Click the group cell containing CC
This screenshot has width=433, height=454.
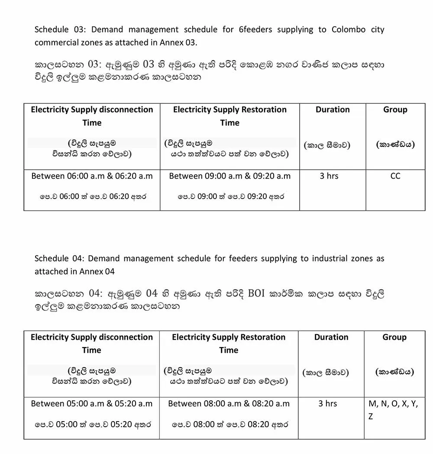click(x=395, y=176)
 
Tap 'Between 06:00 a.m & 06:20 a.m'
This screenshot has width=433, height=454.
click(x=92, y=176)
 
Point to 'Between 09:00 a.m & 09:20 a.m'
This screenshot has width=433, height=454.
click(x=229, y=176)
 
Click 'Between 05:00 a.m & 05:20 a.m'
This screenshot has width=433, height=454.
click(x=92, y=404)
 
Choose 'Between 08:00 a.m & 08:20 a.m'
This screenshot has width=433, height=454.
click(x=229, y=404)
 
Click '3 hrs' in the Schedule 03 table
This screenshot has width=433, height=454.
click(x=329, y=176)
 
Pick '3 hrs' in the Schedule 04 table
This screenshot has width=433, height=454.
click(x=327, y=404)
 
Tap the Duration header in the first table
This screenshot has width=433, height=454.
click(x=333, y=110)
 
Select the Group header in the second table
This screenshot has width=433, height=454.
click(x=394, y=338)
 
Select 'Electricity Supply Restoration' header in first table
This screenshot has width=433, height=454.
click(x=229, y=110)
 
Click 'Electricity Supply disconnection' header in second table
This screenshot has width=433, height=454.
click(x=92, y=338)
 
